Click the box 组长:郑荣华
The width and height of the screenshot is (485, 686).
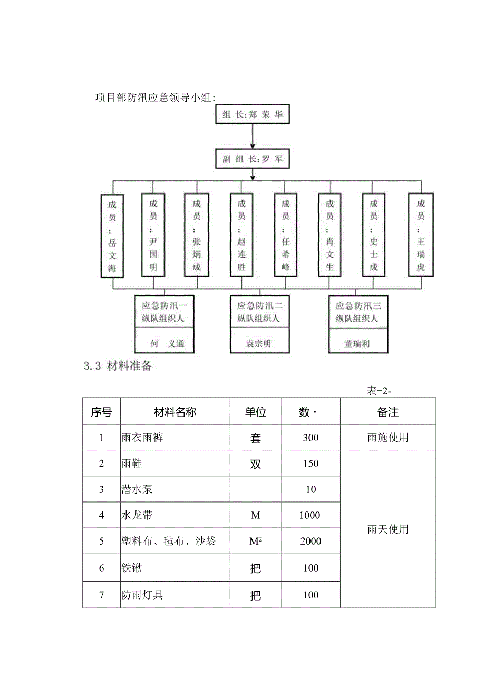click(x=253, y=114)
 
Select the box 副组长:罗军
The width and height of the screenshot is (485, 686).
click(x=253, y=159)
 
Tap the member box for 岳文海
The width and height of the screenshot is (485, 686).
click(x=112, y=236)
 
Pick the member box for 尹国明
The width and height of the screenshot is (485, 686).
click(x=153, y=236)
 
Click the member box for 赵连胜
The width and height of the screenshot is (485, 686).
click(x=241, y=236)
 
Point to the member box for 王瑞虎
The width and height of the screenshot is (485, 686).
click(x=421, y=236)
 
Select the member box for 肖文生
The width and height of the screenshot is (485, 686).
click(x=330, y=236)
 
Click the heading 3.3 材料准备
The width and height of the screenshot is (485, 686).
click(x=118, y=366)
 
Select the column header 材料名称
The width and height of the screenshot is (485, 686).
click(x=175, y=412)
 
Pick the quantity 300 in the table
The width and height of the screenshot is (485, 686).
click(x=311, y=438)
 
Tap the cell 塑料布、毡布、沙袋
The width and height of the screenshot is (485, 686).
click(x=168, y=541)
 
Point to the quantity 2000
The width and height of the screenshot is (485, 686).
click(x=311, y=541)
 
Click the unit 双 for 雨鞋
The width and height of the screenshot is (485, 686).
click(x=256, y=464)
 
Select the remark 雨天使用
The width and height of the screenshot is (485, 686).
click(x=388, y=529)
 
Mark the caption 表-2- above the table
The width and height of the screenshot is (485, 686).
click(x=379, y=391)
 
